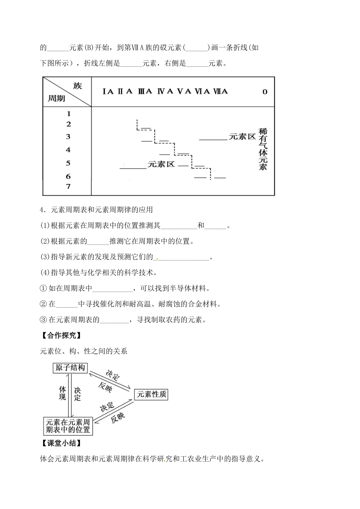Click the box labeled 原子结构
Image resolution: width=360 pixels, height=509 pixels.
coord(70,368)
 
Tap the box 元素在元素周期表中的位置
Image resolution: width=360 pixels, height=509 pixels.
coord(68,426)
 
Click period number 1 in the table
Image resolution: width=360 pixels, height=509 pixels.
coord(69,113)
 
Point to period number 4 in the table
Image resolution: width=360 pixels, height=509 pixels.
coord(68,150)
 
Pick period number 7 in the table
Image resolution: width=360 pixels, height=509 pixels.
coord(68,186)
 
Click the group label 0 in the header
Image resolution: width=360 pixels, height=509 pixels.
coord(265,92)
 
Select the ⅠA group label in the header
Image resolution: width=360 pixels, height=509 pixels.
coord(108,91)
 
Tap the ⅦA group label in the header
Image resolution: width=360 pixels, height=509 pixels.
coord(221,91)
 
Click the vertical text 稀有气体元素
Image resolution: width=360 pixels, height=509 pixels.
coord(263,149)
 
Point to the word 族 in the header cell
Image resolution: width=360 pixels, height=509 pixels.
coord(77,85)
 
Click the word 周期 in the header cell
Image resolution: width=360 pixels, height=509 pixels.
coord(56,99)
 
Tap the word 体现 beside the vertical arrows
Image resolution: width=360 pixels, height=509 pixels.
coord(63,393)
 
